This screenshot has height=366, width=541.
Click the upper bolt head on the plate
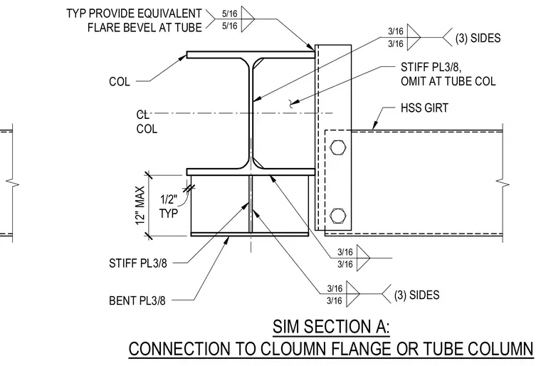pyautogui.click(x=338, y=147)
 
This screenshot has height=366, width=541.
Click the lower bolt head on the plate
pyautogui.click(x=338, y=216)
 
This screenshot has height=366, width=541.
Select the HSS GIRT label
pyautogui.click(x=424, y=108)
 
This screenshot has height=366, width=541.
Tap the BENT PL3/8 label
pyautogui.click(x=137, y=300)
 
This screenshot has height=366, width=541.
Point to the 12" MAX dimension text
pyautogui.click(x=140, y=206)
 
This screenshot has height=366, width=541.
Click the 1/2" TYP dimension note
pyautogui.click(x=169, y=206)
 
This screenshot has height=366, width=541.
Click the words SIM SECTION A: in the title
pyautogui.click(x=331, y=326)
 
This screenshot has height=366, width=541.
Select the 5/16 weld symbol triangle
pyautogui.click(x=248, y=19)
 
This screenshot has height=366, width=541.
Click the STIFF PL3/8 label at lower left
pyautogui.click(x=138, y=263)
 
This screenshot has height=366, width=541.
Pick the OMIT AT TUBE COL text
pyautogui.click(x=448, y=81)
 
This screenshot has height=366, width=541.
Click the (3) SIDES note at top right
pyautogui.click(x=478, y=38)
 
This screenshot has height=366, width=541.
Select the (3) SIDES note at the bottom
pyautogui.click(x=417, y=295)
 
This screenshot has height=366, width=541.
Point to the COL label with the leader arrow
pyautogui.click(x=120, y=82)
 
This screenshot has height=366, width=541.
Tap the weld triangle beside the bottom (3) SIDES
pyautogui.click(x=353, y=294)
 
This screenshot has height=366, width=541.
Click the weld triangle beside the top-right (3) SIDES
pyautogui.click(x=414, y=37)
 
